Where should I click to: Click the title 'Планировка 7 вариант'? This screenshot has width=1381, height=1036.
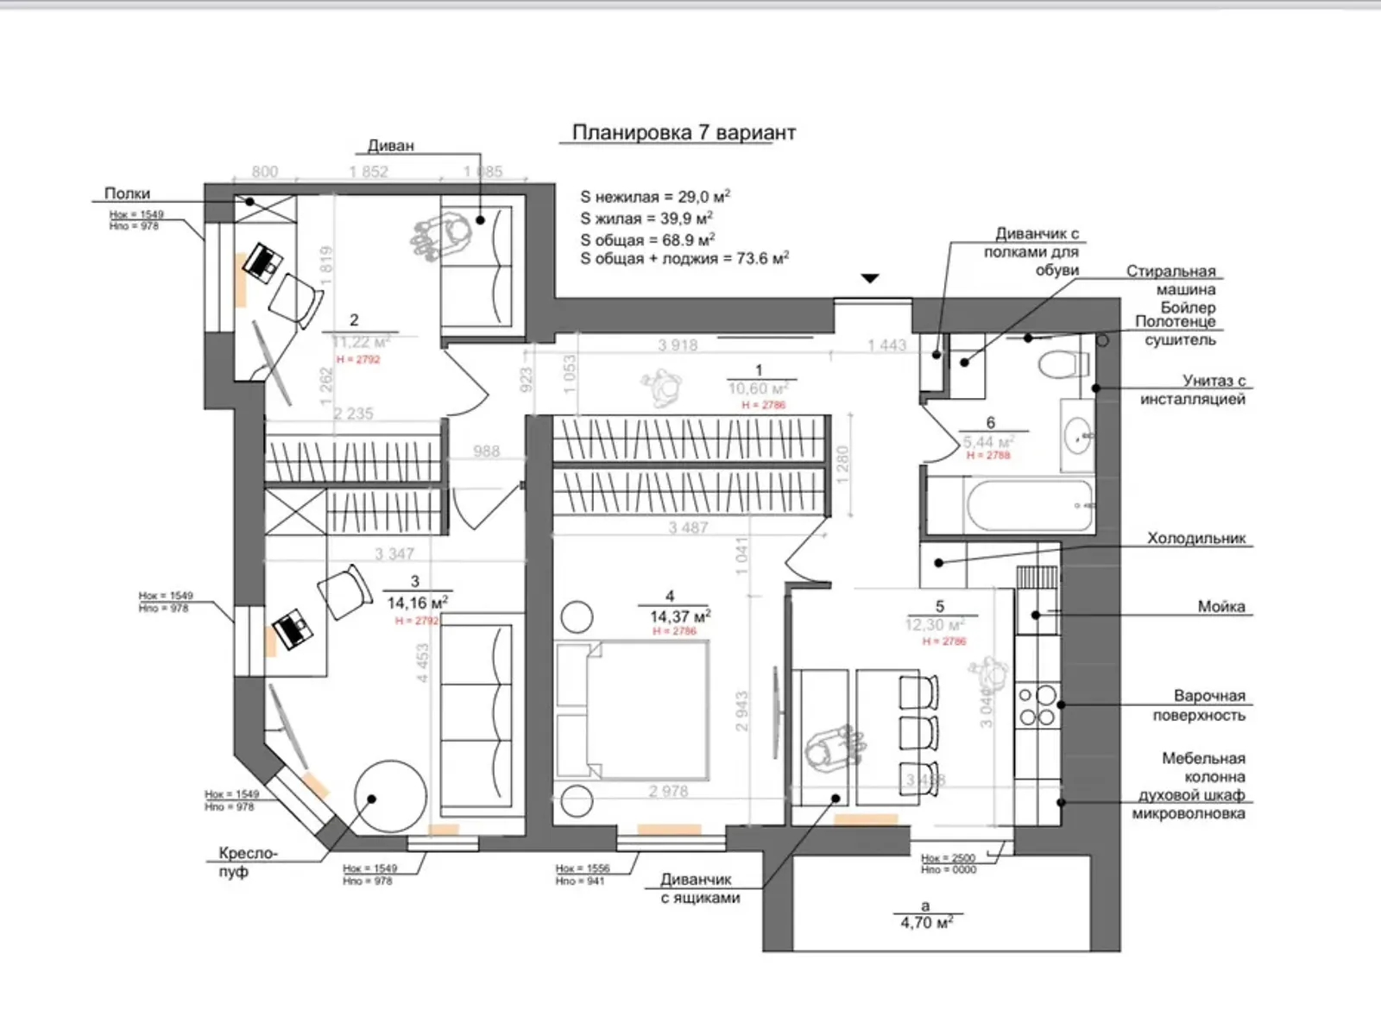click(684, 133)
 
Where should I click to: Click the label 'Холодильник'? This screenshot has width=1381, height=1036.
click(1196, 538)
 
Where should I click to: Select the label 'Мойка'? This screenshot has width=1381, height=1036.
click(1220, 606)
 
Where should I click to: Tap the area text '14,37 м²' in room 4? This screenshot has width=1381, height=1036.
click(679, 616)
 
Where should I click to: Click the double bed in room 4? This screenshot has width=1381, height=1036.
click(634, 711)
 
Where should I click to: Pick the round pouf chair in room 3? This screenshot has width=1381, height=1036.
click(389, 796)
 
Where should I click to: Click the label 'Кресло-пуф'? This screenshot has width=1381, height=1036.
click(248, 862)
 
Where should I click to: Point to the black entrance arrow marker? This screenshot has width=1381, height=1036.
click(871, 278)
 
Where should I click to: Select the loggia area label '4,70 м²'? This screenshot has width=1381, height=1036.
click(926, 923)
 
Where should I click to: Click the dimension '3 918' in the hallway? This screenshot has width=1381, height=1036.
click(678, 345)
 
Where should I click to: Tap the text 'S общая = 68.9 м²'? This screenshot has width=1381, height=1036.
click(647, 239)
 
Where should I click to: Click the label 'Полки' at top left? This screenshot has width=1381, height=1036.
click(127, 193)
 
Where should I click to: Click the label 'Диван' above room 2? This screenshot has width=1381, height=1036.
click(391, 145)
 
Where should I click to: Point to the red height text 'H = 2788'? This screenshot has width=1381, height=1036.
click(987, 455)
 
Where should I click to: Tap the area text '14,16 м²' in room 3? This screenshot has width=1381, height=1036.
click(417, 603)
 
